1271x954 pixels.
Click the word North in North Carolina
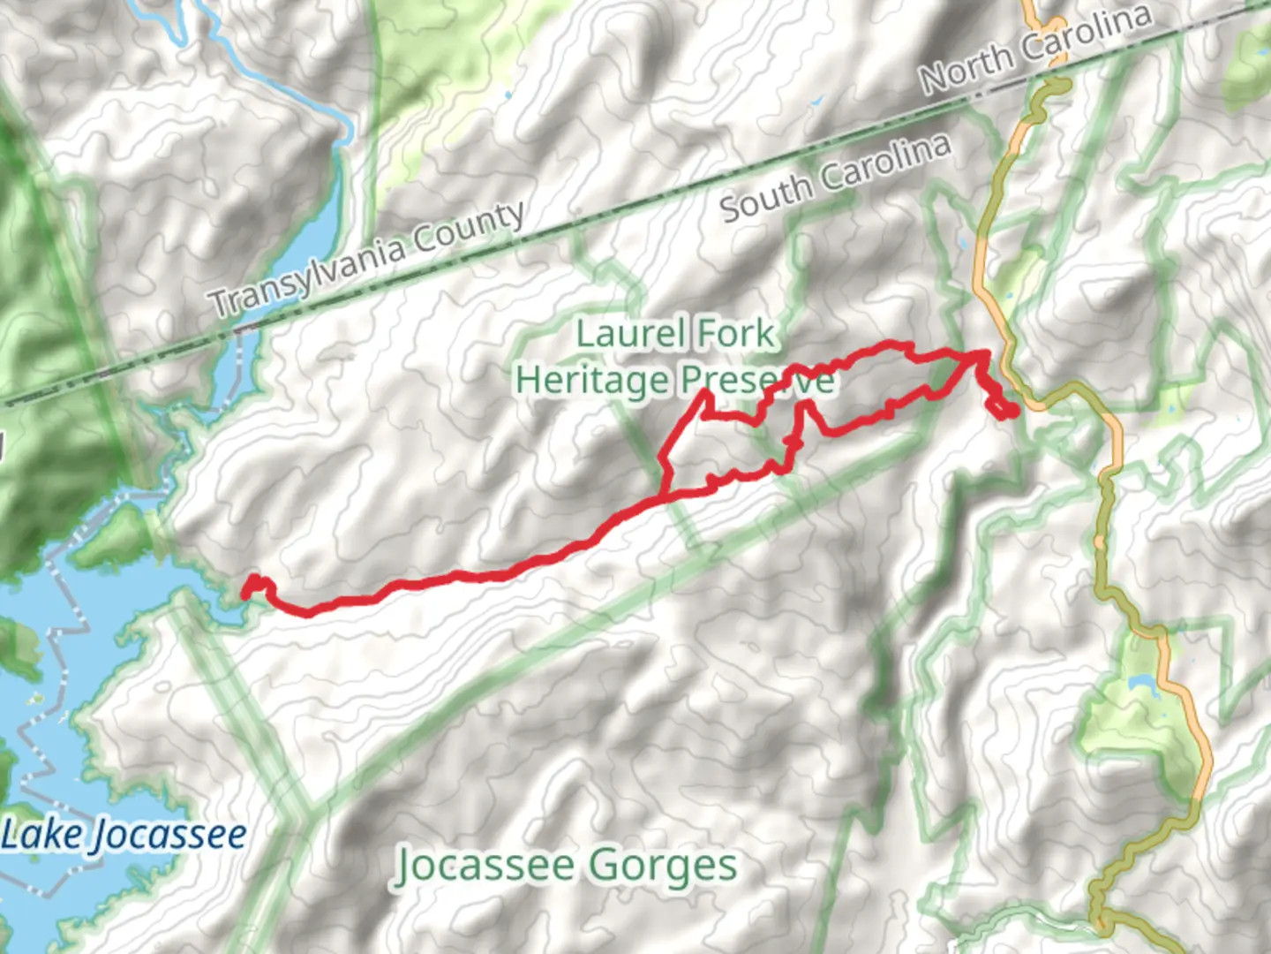pyautogui.click(x=966, y=66)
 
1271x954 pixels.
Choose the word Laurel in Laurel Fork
pyautogui.click(x=631, y=334)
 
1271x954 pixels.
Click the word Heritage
pyautogui.click(x=592, y=381)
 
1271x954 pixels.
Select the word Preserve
pyautogui.click(x=756, y=381)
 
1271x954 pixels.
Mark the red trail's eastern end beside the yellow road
pyautogui.click(x=1012, y=410)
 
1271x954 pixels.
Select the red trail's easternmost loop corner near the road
pyautogui.click(x=983, y=353)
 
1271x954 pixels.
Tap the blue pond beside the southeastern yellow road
pyautogui.click(x=1139, y=683)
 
